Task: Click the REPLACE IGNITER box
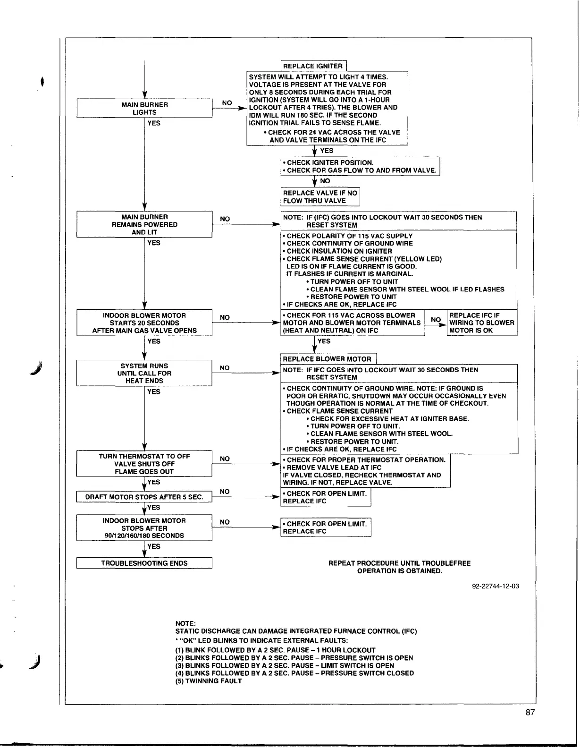pos(313,66)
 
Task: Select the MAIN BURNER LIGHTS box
pos(144,108)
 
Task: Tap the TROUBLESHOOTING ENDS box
pos(144,563)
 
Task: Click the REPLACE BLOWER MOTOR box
pos(328,359)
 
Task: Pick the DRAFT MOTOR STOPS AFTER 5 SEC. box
pos(144,497)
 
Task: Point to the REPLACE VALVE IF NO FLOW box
pos(320,196)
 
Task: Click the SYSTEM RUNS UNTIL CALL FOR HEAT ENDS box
pos(144,373)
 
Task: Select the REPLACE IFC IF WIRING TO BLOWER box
pos(481,323)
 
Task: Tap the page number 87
pos(530,713)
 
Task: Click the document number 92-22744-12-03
pos(496,586)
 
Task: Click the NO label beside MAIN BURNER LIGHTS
pos(227,103)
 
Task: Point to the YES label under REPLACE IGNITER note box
pos(327,151)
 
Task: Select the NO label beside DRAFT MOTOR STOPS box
pos(225,492)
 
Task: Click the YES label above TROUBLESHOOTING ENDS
pos(154,546)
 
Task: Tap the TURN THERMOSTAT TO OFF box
pos(144,464)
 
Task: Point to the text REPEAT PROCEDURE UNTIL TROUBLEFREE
pos(399,563)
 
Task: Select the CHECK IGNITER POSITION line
pos(328,162)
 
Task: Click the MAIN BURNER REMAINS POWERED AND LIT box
pos(144,224)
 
